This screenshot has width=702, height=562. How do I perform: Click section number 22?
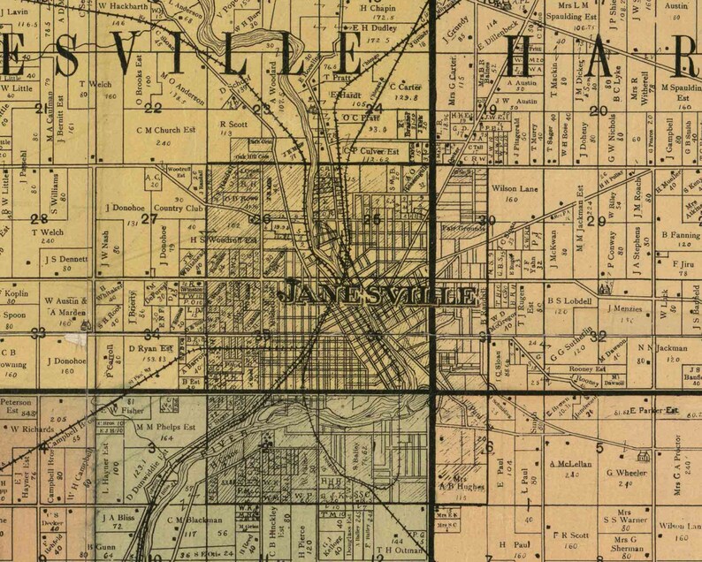click(x=153, y=108)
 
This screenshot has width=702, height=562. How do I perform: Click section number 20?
click(x=600, y=110)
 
